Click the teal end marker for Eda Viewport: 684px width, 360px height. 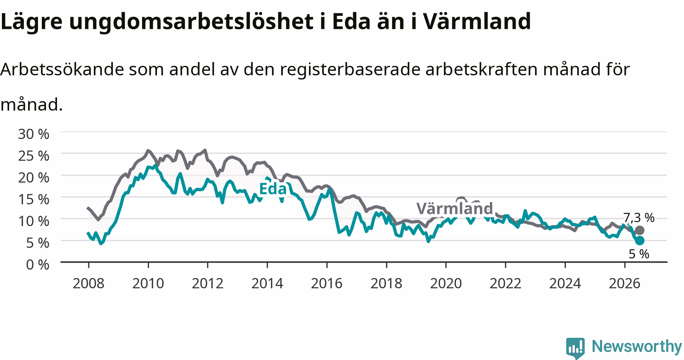point(640,240)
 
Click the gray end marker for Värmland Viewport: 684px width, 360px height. point(640,230)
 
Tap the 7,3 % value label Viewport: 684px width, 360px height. point(639,218)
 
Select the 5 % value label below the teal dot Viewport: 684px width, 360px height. point(639,254)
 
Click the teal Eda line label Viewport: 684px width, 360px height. point(272,188)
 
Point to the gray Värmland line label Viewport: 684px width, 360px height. point(454,208)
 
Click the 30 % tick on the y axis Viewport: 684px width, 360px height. point(33,134)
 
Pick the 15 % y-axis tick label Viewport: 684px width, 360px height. point(33,199)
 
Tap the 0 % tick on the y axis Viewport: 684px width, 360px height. point(38,265)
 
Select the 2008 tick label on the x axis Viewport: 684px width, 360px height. point(89,283)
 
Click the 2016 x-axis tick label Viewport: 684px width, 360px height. point(327,283)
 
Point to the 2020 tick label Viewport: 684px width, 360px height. point(446,283)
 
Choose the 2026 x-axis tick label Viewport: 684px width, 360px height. point(625,283)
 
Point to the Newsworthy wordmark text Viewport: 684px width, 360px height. point(637,347)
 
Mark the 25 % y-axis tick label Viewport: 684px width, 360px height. point(33,156)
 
